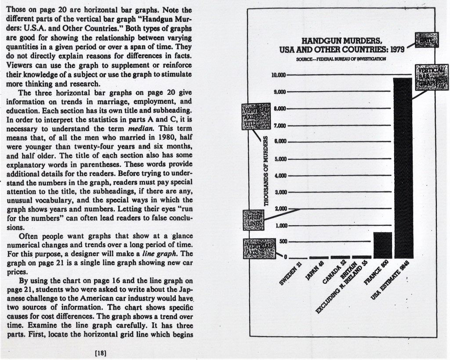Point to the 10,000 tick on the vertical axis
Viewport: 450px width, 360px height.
[279, 76]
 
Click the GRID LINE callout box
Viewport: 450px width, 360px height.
[253, 220]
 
